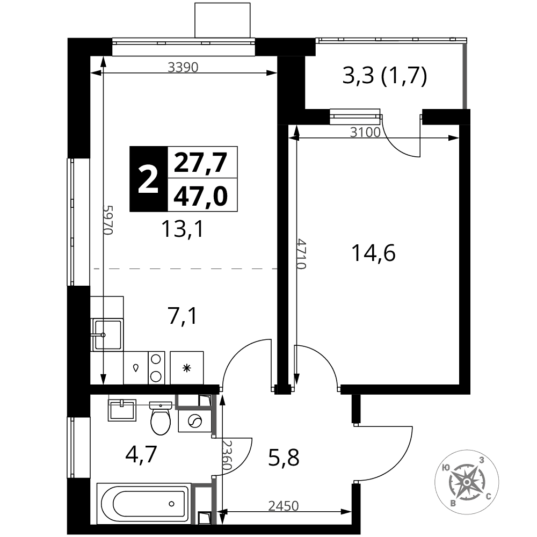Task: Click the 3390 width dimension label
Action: coord(183,67)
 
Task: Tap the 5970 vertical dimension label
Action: coord(108,220)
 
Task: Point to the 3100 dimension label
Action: coord(365,132)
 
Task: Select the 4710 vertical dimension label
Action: coord(301,254)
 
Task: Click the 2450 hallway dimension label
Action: coord(284,506)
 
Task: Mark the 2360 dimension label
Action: coord(227,455)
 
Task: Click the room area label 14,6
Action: coord(374,253)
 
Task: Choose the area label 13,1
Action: coord(183,229)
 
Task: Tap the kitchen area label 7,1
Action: coord(183,316)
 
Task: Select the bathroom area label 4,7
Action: coord(141,454)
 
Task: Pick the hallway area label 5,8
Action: coord(284,458)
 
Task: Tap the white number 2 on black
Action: coord(148,179)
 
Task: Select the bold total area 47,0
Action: coord(201,197)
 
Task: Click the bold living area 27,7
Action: coord(201,162)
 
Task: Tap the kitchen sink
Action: coord(107,335)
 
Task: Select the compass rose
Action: coord(467,482)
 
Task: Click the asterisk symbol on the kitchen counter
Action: coord(186,368)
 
